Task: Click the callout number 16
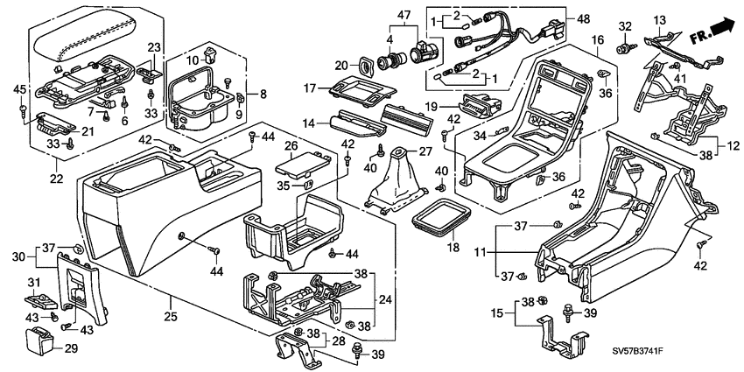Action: click(x=597, y=41)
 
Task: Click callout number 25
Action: click(x=172, y=303)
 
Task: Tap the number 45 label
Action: click(x=19, y=88)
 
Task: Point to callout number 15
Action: click(x=496, y=312)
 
